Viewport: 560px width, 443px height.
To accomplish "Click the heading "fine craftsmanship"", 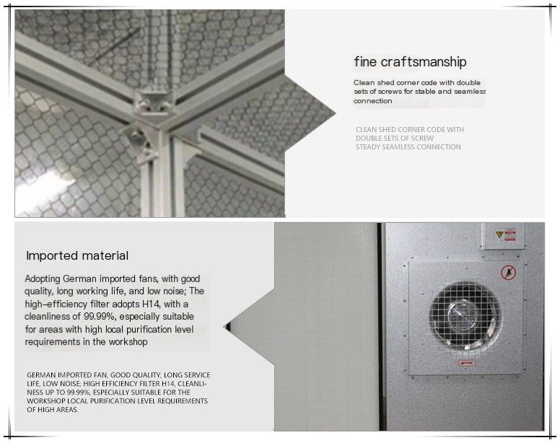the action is [x=410, y=62].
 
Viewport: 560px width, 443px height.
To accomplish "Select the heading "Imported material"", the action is [x=77, y=255].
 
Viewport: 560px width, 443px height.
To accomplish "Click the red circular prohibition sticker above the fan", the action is [x=506, y=273].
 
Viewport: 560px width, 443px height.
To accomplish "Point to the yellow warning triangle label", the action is [x=499, y=234].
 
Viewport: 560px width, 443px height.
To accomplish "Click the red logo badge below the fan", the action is [x=467, y=363].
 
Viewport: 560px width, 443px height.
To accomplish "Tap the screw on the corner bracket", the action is [x=134, y=135].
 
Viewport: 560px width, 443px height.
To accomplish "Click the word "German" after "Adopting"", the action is [x=80, y=278].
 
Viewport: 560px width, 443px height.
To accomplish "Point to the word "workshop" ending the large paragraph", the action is [x=128, y=342].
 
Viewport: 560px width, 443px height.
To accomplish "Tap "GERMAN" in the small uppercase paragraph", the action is [x=41, y=375].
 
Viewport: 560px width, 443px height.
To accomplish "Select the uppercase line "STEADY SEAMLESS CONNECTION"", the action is [x=408, y=146].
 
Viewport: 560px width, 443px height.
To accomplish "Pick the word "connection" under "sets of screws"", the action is [x=373, y=101].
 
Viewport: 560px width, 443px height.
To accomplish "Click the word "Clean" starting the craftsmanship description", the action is [x=364, y=82].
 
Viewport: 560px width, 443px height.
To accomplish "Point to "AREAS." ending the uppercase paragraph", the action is [x=68, y=410].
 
